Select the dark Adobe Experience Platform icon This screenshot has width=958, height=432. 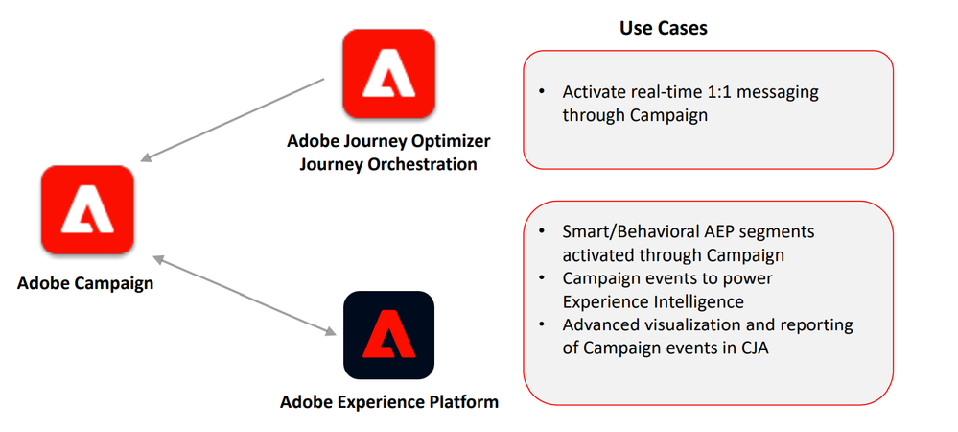tap(388, 335)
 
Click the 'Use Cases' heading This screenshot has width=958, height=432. tap(664, 28)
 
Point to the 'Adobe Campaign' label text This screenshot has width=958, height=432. tap(85, 284)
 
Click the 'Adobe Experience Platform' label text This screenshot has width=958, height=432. tap(389, 401)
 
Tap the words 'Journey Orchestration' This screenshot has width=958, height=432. tap(388, 164)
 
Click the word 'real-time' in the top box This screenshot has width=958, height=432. tap(669, 93)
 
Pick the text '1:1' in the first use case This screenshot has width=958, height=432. tap(723, 93)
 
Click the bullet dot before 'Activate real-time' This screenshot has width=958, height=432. tap(542, 93)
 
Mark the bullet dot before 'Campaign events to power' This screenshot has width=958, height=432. tap(542, 278)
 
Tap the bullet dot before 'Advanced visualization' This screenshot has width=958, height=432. tap(542, 324)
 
